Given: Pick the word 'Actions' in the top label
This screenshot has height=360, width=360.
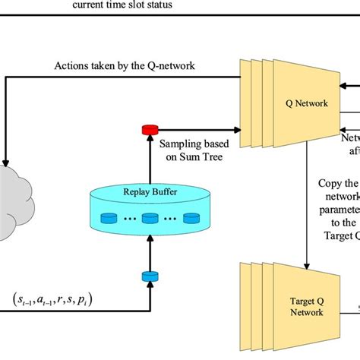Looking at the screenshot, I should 71,66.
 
